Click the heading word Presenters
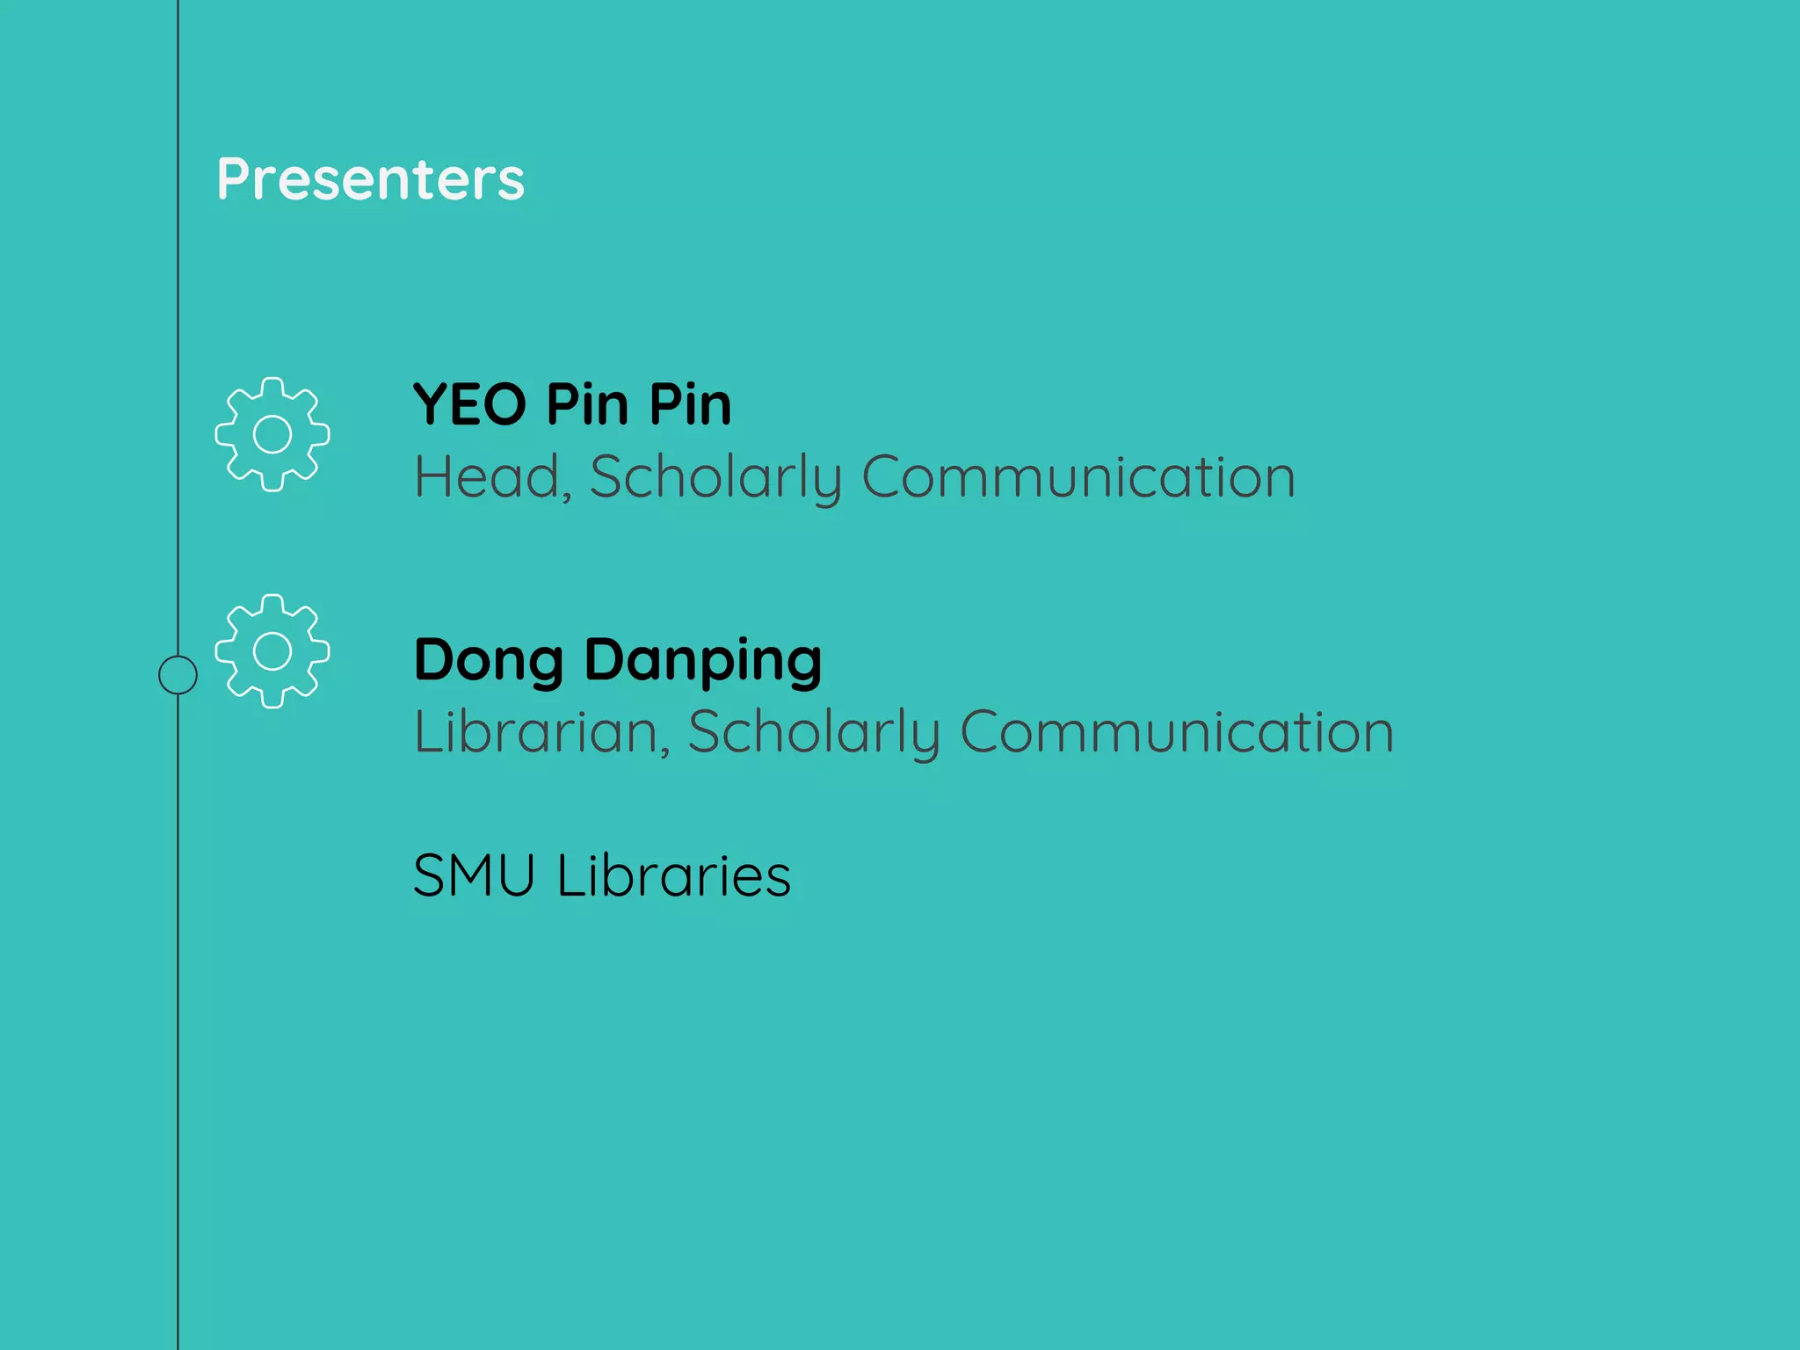(370, 179)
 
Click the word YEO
(469, 405)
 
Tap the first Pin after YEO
(587, 405)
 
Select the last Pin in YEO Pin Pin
(690, 405)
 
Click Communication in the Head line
(1078, 477)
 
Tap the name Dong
(489, 662)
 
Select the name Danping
(703, 662)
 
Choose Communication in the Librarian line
(1177, 732)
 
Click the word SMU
(474, 875)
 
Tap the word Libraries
(674, 875)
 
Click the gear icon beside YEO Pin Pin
(272, 434)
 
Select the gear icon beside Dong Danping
(272, 651)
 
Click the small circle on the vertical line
(178, 675)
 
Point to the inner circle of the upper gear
(272, 434)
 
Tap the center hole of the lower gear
(272, 651)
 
